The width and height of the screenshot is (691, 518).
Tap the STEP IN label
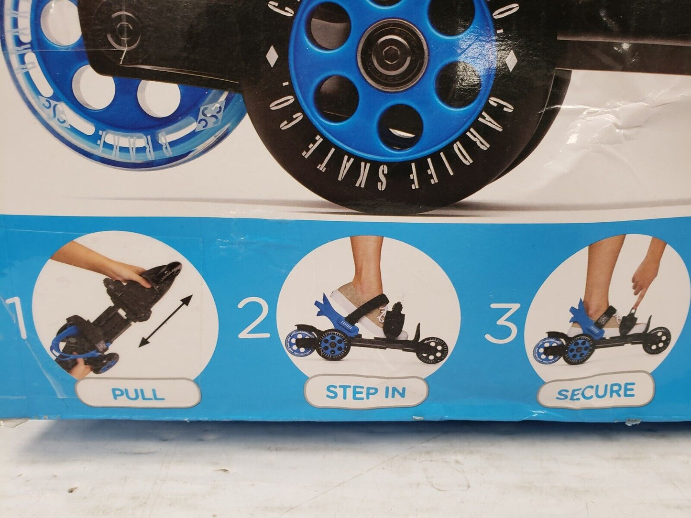tap(365, 392)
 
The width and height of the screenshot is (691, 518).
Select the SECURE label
tap(595, 391)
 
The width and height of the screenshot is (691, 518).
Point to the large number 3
tap(501, 324)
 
